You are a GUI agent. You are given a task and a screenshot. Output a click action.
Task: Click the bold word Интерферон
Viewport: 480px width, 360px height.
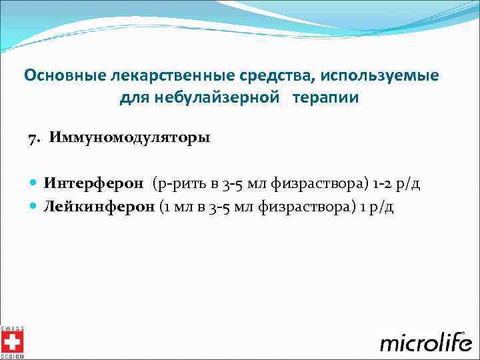click(93, 183)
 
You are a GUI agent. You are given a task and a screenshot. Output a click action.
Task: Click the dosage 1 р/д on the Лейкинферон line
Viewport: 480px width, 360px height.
click(377, 206)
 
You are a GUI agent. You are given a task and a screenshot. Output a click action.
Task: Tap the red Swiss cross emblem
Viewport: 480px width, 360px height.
click(11, 343)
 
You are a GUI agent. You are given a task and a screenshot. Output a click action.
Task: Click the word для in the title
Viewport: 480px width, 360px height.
click(135, 98)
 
